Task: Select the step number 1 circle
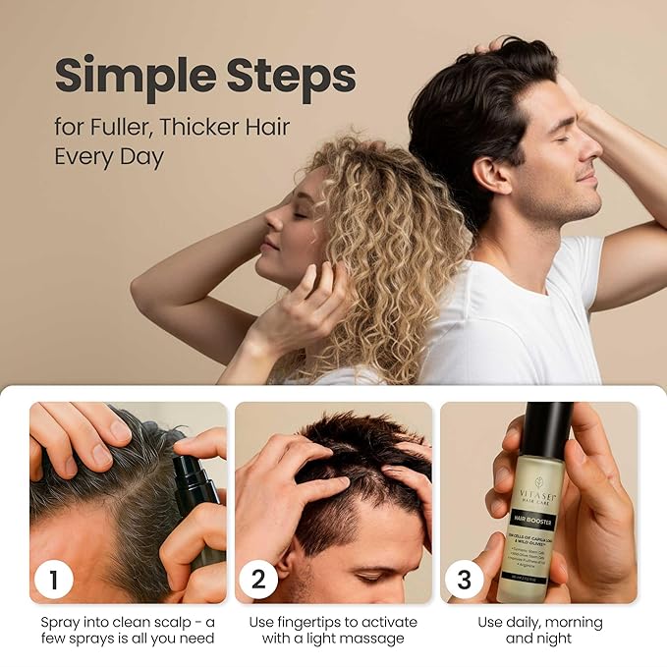coord(54,579)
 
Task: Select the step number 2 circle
coord(258,579)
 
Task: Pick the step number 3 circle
coord(463,579)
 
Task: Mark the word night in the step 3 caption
coord(552,639)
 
